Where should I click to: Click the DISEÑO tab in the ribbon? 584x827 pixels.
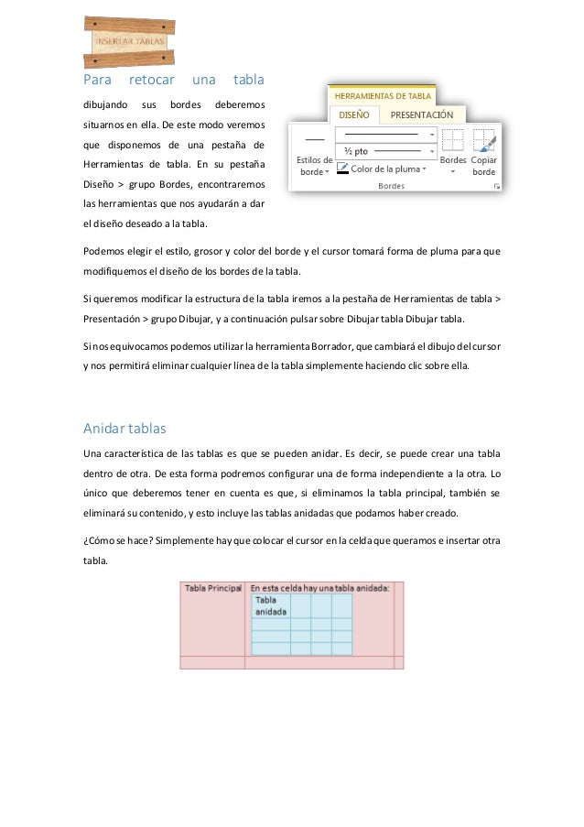(x=354, y=115)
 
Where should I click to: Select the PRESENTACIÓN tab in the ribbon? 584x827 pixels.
(x=422, y=115)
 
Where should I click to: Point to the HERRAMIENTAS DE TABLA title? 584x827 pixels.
(x=383, y=94)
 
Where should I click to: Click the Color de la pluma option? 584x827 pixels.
(x=382, y=169)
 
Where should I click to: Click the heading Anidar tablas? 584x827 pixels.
(x=124, y=428)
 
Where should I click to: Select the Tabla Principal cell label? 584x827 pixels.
(x=213, y=587)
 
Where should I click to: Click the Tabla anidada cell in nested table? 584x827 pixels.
(x=271, y=605)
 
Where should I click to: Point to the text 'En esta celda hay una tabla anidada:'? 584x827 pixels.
(x=319, y=587)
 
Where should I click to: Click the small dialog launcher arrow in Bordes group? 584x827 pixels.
(x=497, y=186)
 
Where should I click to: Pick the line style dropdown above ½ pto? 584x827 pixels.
(x=384, y=134)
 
